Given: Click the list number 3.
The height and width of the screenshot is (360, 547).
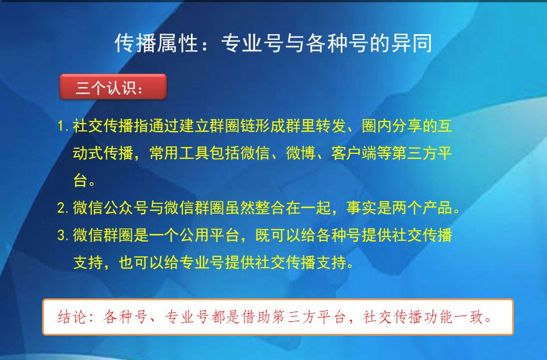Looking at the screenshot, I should click(x=62, y=235).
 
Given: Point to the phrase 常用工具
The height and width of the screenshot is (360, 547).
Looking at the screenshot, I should click(x=178, y=154).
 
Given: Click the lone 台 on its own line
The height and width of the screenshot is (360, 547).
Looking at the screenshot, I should click(x=80, y=181).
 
